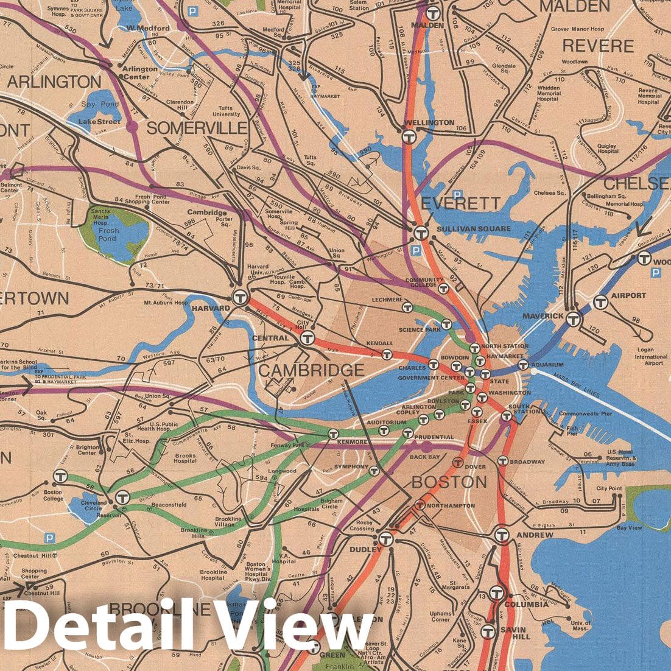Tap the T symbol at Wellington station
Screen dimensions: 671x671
(x=410, y=138)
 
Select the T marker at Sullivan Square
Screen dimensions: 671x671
(x=420, y=233)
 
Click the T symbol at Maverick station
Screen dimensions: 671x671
(x=572, y=318)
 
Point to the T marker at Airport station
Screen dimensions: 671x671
(x=601, y=301)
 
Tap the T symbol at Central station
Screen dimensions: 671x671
(x=307, y=339)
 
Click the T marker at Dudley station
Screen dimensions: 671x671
(x=385, y=539)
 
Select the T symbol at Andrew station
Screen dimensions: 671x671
(x=501, y=535)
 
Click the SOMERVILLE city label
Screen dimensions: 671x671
(x=196, y=128)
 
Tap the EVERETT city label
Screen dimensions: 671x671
(x=460, y=203)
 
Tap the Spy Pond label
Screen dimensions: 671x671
(x=101, y=104)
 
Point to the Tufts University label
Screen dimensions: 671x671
(x=225, y=111)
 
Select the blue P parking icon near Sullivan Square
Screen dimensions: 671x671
(x=416, y=250)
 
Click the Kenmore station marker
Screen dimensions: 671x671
(x=333, y=434)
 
